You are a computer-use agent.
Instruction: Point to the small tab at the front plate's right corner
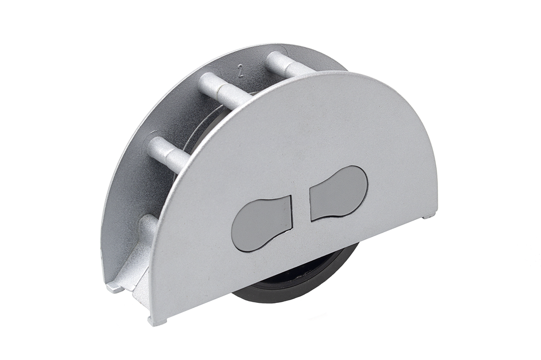pos(429,215)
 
